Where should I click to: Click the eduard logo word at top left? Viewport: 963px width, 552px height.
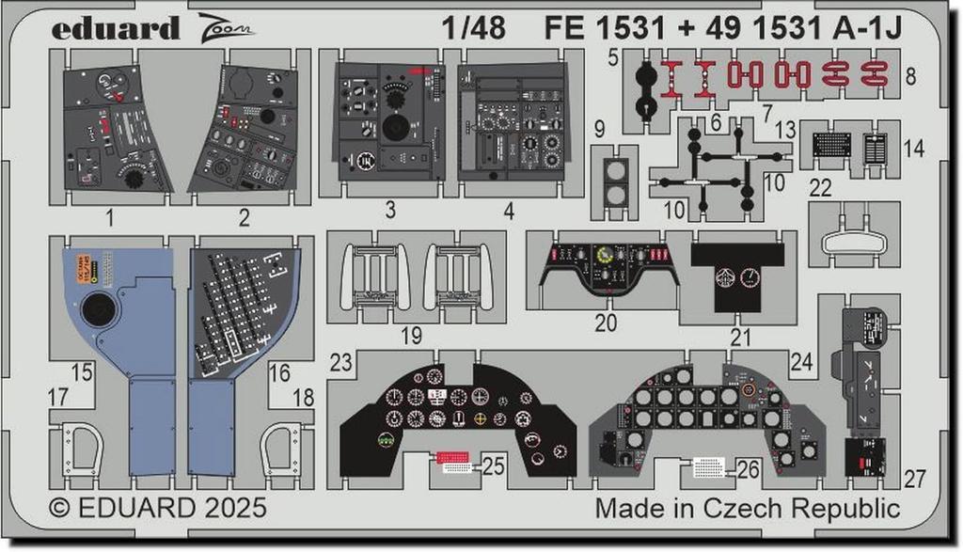[x=115, y=29]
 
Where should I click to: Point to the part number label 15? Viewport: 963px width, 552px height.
[x=82, y=373]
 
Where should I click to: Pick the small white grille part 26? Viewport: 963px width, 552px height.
[x=709, y=465]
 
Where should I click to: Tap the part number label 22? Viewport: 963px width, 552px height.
[x=820, y=188]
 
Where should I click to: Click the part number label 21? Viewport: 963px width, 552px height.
[x=742, y=337]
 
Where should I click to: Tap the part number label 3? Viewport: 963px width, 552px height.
[x=389, y=213]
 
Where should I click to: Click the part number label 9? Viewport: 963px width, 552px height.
[x=599, y=128]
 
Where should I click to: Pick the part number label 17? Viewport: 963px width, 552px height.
[x=57, y=398]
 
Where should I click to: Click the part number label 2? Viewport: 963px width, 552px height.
[x=245, y=220]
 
